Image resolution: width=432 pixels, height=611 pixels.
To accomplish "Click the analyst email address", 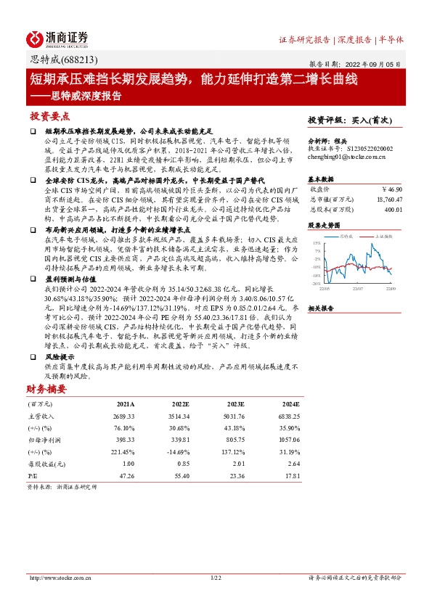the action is pos(346,155).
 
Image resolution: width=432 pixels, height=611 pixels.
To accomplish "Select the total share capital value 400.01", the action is pos(393,209).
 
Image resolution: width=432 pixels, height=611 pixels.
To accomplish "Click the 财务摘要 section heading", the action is pos(48,389).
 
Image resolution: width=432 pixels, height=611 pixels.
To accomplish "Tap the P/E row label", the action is pos(33,475).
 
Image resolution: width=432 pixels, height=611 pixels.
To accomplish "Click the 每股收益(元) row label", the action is pos(43,463).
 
